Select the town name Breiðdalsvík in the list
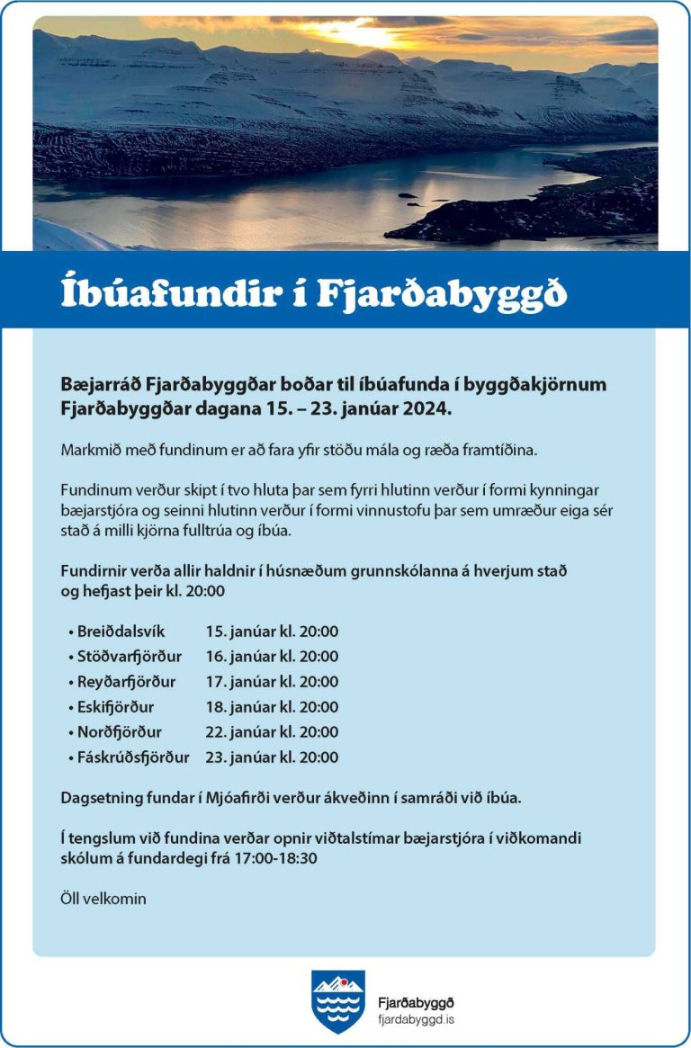point(121,631)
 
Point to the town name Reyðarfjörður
point(127,682)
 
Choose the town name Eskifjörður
point(116,707)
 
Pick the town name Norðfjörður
point(120,732)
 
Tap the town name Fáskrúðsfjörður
point(133,757)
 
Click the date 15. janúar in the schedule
point(237,631)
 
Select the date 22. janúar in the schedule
point(237,732)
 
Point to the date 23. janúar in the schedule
point(237,757)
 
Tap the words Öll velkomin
point(103,899)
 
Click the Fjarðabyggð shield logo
point(338,1000)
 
